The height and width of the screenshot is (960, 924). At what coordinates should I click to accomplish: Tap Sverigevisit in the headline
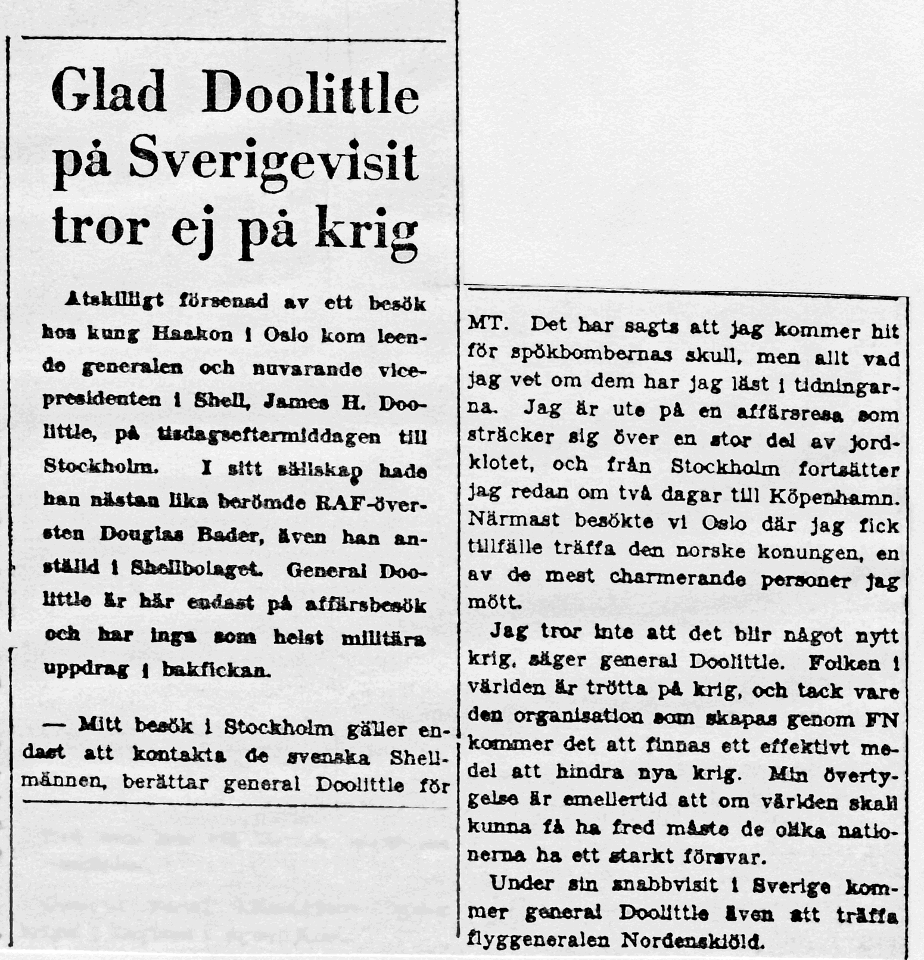point(275,163)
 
